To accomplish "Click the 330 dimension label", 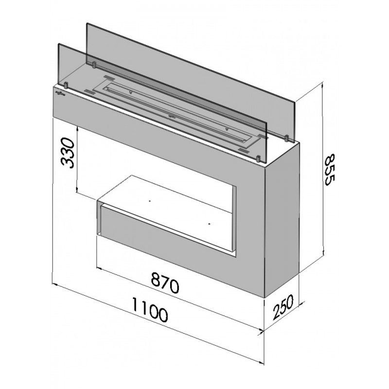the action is point(68,153).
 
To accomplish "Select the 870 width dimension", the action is point(164,283).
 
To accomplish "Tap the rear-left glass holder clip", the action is point(94,65).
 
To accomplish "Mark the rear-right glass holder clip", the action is point(286,138).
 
